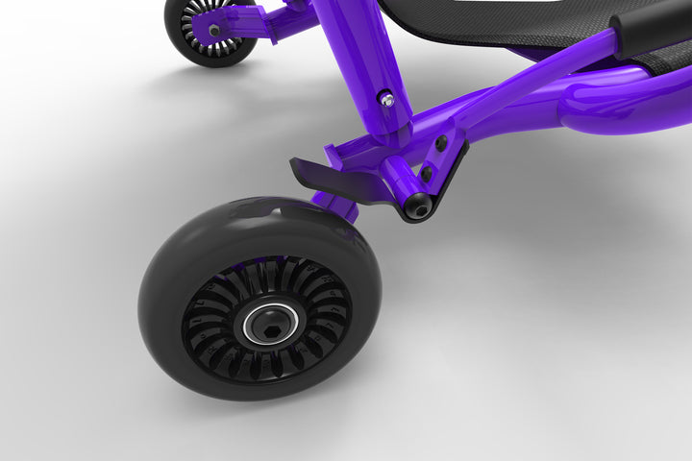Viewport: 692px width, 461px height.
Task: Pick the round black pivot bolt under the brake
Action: (x=417, y=206)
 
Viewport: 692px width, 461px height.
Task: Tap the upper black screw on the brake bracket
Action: (x=441, y=143)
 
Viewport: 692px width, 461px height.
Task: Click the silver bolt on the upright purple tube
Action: (x=387, y=98)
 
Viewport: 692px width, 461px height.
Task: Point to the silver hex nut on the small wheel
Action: (x=213, y=30)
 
